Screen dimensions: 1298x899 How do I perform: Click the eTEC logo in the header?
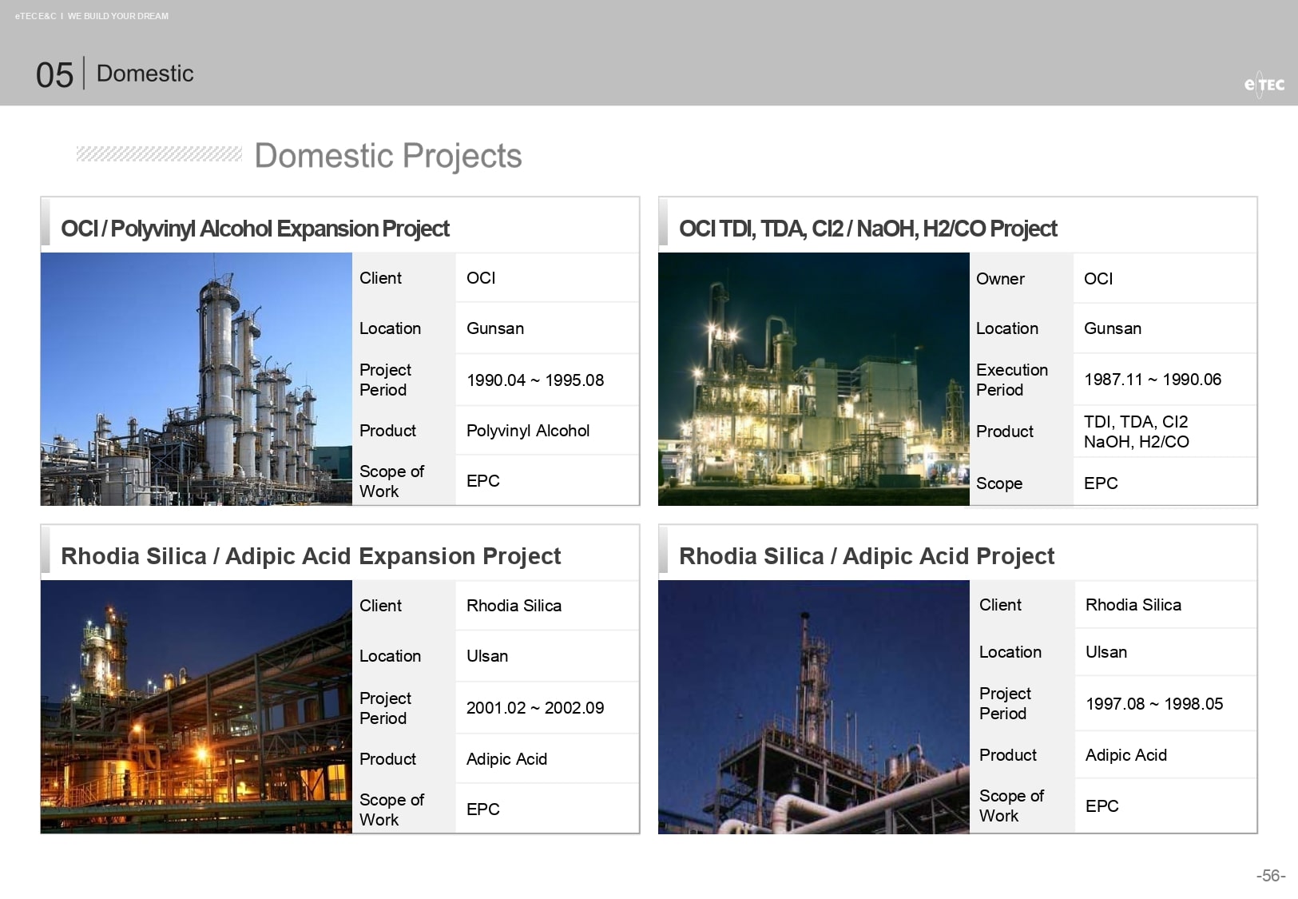click(x=1264, y=85)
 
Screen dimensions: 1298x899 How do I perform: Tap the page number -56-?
click(x=1271, y=875)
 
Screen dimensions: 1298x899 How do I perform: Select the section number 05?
click(x=54, y=75)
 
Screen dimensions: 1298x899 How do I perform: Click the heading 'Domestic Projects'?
click(x=388, y=155)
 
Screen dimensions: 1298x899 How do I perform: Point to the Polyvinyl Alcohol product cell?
click(x=528, y=431)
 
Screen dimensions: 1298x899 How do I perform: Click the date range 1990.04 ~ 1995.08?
click(x=535, y=380)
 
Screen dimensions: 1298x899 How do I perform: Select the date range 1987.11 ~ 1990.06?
click(x=1153, y=380)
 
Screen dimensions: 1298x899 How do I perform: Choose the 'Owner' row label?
click(x=1000, y=279)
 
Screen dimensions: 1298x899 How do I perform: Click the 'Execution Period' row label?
click(x=1012, y=380)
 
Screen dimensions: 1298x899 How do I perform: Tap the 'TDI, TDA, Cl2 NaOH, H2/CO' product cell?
click(x=1137, y=432)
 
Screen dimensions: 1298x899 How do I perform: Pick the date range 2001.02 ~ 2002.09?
click(x=535, y=708)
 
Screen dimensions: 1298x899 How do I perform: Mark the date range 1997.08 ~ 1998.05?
click(x=1154, y=704)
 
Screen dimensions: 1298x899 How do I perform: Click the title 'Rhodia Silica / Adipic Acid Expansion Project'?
click(x=311, y=556)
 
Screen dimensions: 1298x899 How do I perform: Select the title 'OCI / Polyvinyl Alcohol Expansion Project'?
click(x=255, y=229)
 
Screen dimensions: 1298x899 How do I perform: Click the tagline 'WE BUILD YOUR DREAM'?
click(x=118, y=16)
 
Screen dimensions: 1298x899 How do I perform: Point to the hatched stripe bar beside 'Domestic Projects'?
click(x=159, y=154)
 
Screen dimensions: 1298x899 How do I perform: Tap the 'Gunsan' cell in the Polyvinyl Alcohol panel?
click(x=495, y=328)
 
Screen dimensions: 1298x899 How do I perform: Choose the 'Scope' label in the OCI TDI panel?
click(x=999, y=483)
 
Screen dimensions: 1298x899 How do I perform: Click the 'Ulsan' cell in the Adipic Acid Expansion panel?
click(x=487, y=656)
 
